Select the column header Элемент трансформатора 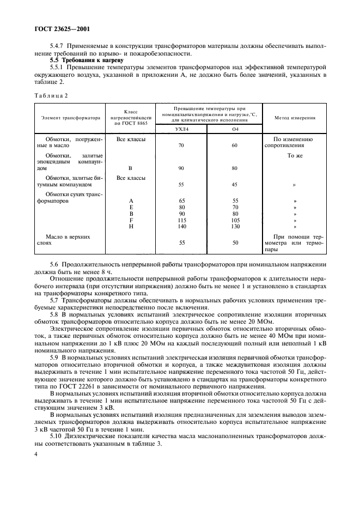click(x=71, y=117)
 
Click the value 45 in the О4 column click(x=235, y=184)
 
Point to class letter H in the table click(x=131, y=226)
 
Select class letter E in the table click(x=131, y=207)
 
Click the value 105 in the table click(x=235, y=220)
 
